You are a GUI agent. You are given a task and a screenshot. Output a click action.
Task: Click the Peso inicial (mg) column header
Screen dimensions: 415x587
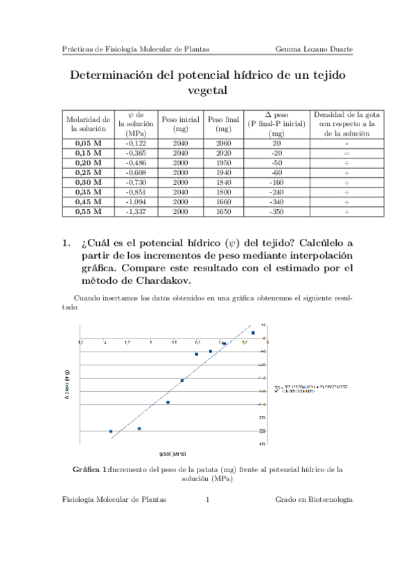(181, 123)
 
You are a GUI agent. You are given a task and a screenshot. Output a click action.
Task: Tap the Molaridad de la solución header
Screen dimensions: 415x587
(87, 123)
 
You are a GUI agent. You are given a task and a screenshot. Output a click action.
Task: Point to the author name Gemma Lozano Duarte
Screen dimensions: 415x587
(313, 49)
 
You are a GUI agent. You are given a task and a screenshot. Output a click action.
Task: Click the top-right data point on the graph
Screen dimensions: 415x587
(253, 333)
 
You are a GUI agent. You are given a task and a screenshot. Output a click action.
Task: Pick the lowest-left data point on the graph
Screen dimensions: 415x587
(111, 431)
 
